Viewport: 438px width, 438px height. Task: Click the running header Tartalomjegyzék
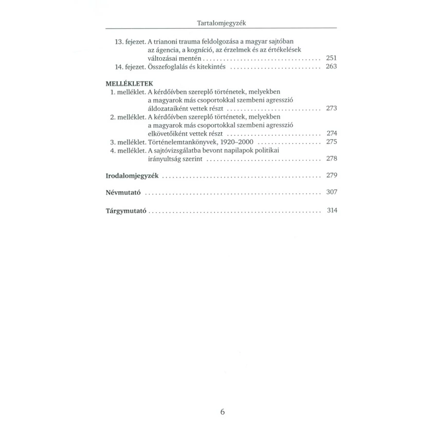coord(221,23)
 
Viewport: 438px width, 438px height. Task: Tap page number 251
coord(331,57)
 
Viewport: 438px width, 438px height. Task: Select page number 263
coord(331,66)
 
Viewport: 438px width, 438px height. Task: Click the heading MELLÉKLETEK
coord(127,83)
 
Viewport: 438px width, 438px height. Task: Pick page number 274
coord(331,133)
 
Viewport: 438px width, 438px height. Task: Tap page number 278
coord(331,159)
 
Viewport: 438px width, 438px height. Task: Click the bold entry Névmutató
coord(124,193)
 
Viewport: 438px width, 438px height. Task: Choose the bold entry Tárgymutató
coord(126,211)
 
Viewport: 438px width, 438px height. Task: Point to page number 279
coord(331,175)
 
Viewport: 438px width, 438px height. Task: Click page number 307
coord(331,192)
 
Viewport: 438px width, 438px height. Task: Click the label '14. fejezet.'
coord(128,66)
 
